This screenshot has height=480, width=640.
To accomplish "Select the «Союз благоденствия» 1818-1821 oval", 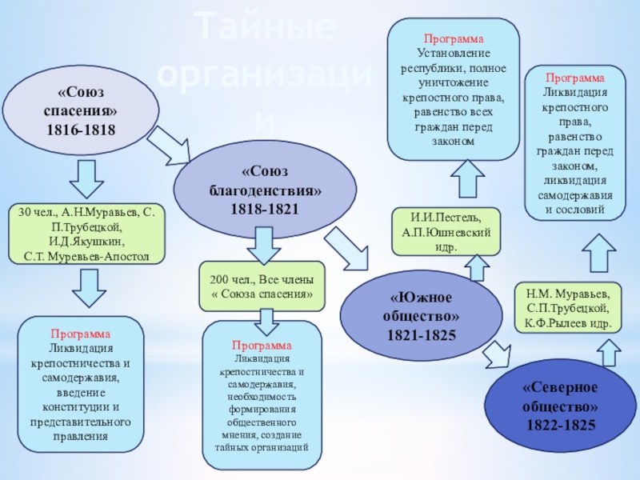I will coord(263,190).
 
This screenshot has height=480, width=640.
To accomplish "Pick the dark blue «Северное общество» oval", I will coord(560,406).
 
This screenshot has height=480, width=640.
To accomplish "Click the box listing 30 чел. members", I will coord(87,234).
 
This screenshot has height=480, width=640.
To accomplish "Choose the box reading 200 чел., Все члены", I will coord(262,286).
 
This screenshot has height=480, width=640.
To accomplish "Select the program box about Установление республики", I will coord(454,89).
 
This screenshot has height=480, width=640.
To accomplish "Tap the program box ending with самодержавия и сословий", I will coord(574,144).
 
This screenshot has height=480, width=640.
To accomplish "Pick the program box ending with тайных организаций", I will coord(262,395).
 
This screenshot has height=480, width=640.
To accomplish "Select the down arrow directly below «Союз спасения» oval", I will coord(83,180).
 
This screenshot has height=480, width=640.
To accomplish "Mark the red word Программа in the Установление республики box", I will coord(454,38).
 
